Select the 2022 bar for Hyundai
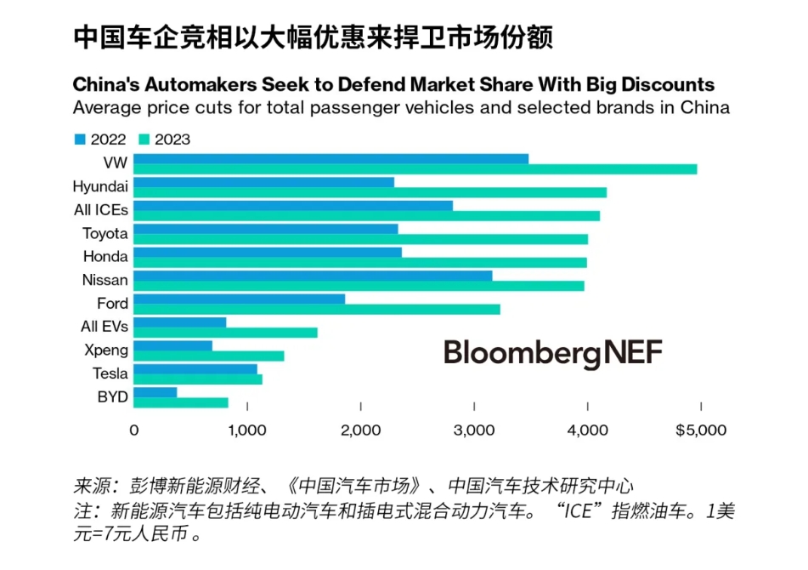pyautogui.click(x=263, y=182)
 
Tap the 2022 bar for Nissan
pyautogui.click(x=313, y=275)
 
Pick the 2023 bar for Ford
pyautogui.click(x=317, y=309)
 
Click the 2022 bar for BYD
pyautogui.click(x=155, y=391)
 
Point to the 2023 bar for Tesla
pyautogui.click(x=198, y=379)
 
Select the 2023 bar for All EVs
pyautogui.click(x=225, y=333)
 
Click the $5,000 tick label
pyautogui.click(x=701, y=430)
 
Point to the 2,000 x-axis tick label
pyautogui.click(x=360, y=430)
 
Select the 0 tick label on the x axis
pyautogui.click(x=134, y=430)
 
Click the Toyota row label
pyautogui.click(x=105, y=234)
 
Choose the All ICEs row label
pyautogui.click(x=101, y=210)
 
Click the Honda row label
pyautogui.click(x=105, y=257)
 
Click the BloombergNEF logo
pyautogui.click(x=552, y=353)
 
